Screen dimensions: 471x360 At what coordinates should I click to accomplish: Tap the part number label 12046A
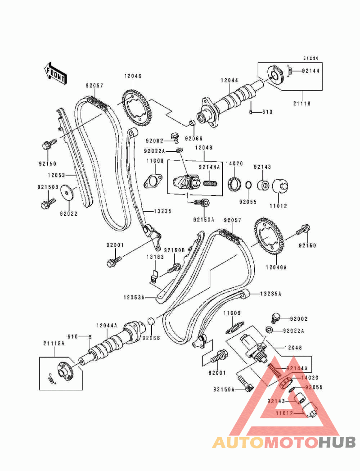click(x=276, y=267)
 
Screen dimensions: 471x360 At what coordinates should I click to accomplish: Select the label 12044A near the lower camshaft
click(x=107, y=325)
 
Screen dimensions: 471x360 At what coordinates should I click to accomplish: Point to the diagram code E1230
click(x=310, y=58)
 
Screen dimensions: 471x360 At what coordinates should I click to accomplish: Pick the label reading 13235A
click(x=270, y=294)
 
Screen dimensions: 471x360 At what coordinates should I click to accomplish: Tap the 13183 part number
click(x=154, y=257)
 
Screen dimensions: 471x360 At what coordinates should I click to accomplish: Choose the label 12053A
click(x=133, y=297)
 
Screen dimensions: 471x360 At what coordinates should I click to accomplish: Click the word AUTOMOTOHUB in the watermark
click(x=284, y=442)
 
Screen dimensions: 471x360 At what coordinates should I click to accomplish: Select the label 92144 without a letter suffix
click(x=310, y=71)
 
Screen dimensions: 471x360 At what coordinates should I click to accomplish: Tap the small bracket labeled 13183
click(x=153, y=272)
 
